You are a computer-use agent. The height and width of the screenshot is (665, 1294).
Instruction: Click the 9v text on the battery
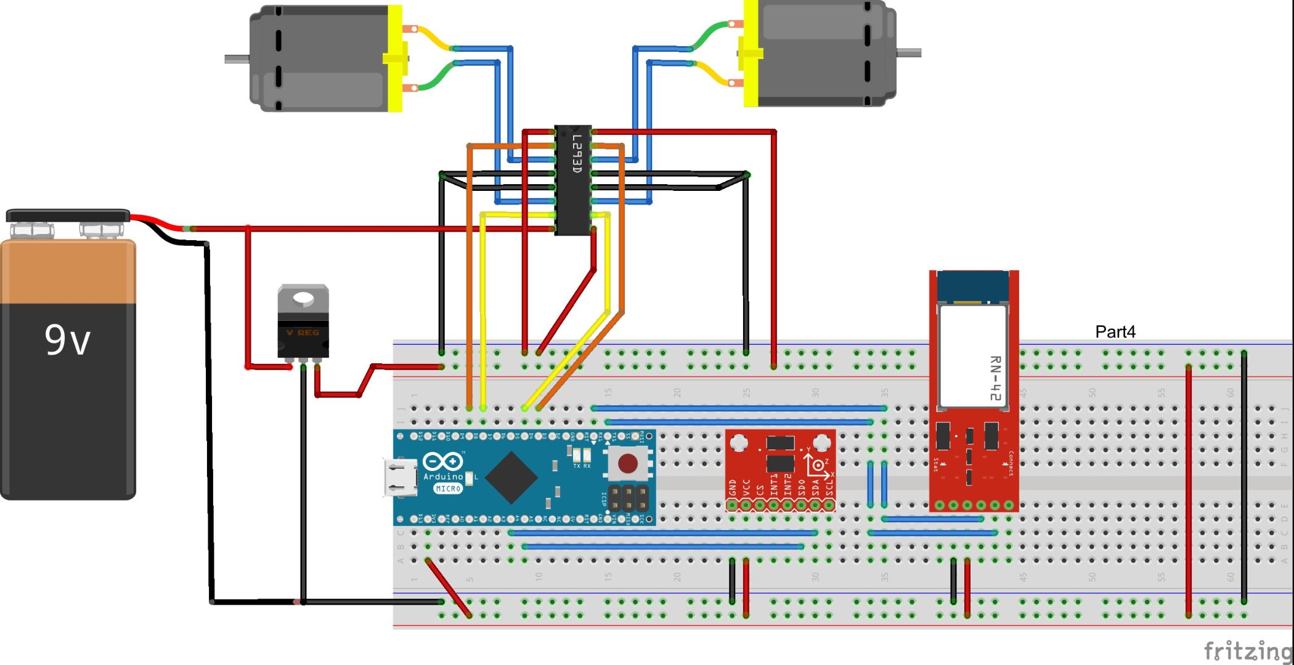pyautogui.click(x=67, y=340)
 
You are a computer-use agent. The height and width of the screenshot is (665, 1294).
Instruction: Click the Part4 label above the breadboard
pyautogui.click(x=1115, y=332)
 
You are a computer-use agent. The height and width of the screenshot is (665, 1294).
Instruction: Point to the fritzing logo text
pyautogui.click(x=1247, y=650)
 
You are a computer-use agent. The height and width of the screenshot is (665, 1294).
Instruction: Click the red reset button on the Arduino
pyautogui.click(x=627, y=463)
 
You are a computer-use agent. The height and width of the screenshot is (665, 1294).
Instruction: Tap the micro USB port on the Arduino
pyautogui.click(x=399, y=478)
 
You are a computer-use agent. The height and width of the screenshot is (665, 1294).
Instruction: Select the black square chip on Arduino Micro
pyautogui.click(x=511, y=477)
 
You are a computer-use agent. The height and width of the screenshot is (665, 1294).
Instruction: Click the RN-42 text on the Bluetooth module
pyautogui.click(x=995, y=379)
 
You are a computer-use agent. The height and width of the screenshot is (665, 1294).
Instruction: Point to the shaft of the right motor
pyautogui.click(x=908, y=53)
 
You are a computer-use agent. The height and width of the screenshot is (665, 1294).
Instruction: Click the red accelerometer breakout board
pyautogui.click(x=780, y=468)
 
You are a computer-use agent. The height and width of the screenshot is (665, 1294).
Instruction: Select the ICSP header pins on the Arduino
pyautogui.click(x=629, y=499)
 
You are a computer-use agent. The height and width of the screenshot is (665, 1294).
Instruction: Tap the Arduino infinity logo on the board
pyautogui.click(x=442, y=462)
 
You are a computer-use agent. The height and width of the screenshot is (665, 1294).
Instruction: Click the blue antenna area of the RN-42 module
pyautogui.click(x=973, y=287)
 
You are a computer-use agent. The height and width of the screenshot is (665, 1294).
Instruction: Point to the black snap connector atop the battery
pyautogui.click(x=68, y=216)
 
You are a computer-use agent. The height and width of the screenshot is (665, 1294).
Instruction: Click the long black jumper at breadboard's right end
pyautogui.click(x=1243, y=477)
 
